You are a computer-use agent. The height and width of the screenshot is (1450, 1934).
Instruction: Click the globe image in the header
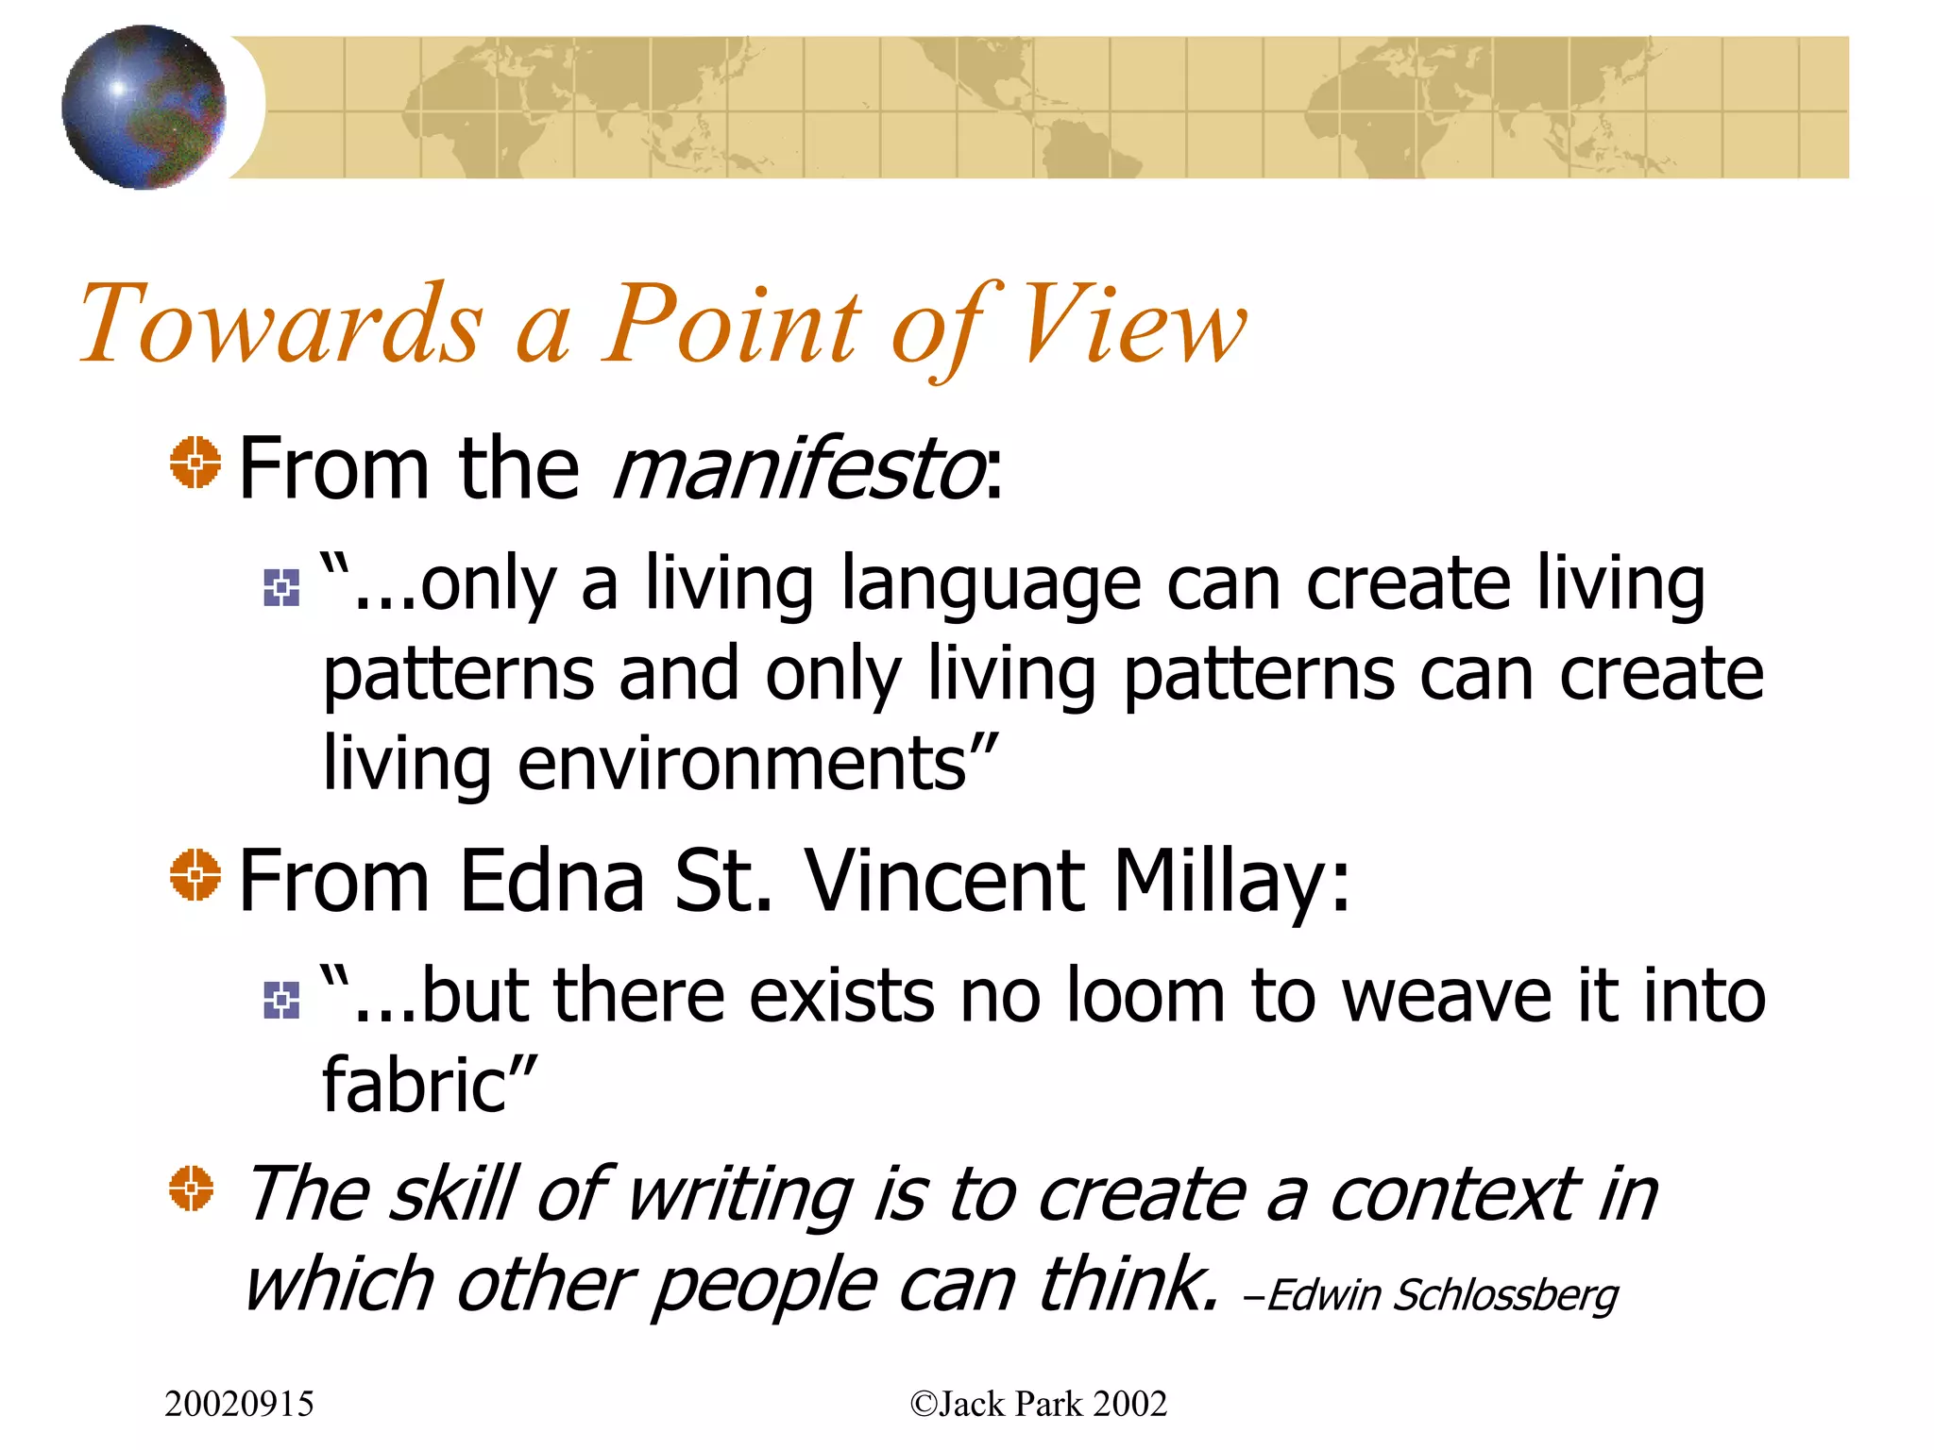coord(144,107)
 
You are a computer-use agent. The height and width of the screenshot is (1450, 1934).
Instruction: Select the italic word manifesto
coord(799,469)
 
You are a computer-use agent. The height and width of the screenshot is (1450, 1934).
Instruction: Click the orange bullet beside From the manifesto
coord(195,463)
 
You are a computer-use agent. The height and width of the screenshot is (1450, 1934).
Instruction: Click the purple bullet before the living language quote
coord(281,588)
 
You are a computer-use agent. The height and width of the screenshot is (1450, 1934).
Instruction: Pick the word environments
coord(741,764)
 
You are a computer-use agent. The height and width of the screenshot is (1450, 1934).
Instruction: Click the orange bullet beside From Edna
coord(195,874)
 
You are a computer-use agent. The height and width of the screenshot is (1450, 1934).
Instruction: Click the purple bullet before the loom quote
coord(281,1000)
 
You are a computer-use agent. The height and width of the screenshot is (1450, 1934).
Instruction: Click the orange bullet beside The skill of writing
coord(192,1188)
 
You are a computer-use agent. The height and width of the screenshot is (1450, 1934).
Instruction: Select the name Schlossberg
coord(1505,1295)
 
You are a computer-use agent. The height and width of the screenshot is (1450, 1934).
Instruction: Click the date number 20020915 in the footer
coord(239,1405)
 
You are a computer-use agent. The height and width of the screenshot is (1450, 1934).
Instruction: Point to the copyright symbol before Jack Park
coord(922,1405)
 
